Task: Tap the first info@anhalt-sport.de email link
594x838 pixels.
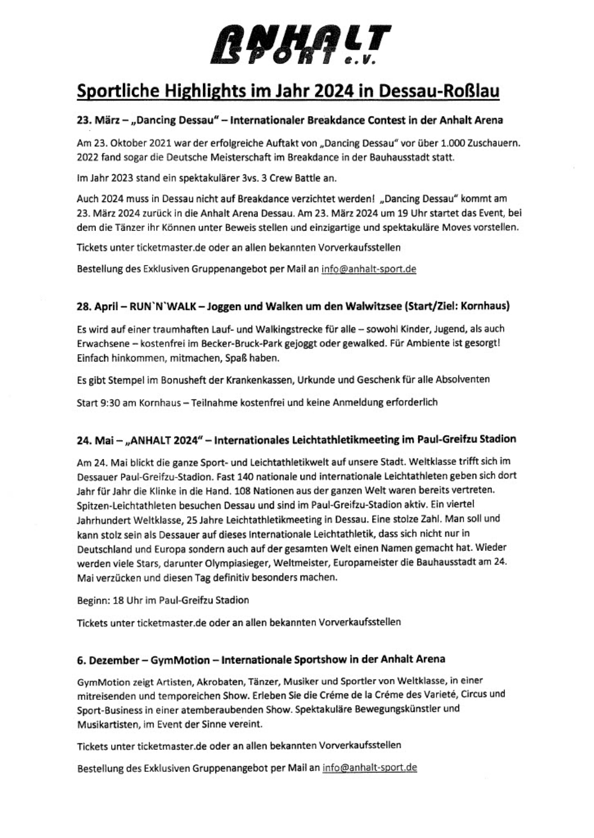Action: tap(368, 269)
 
